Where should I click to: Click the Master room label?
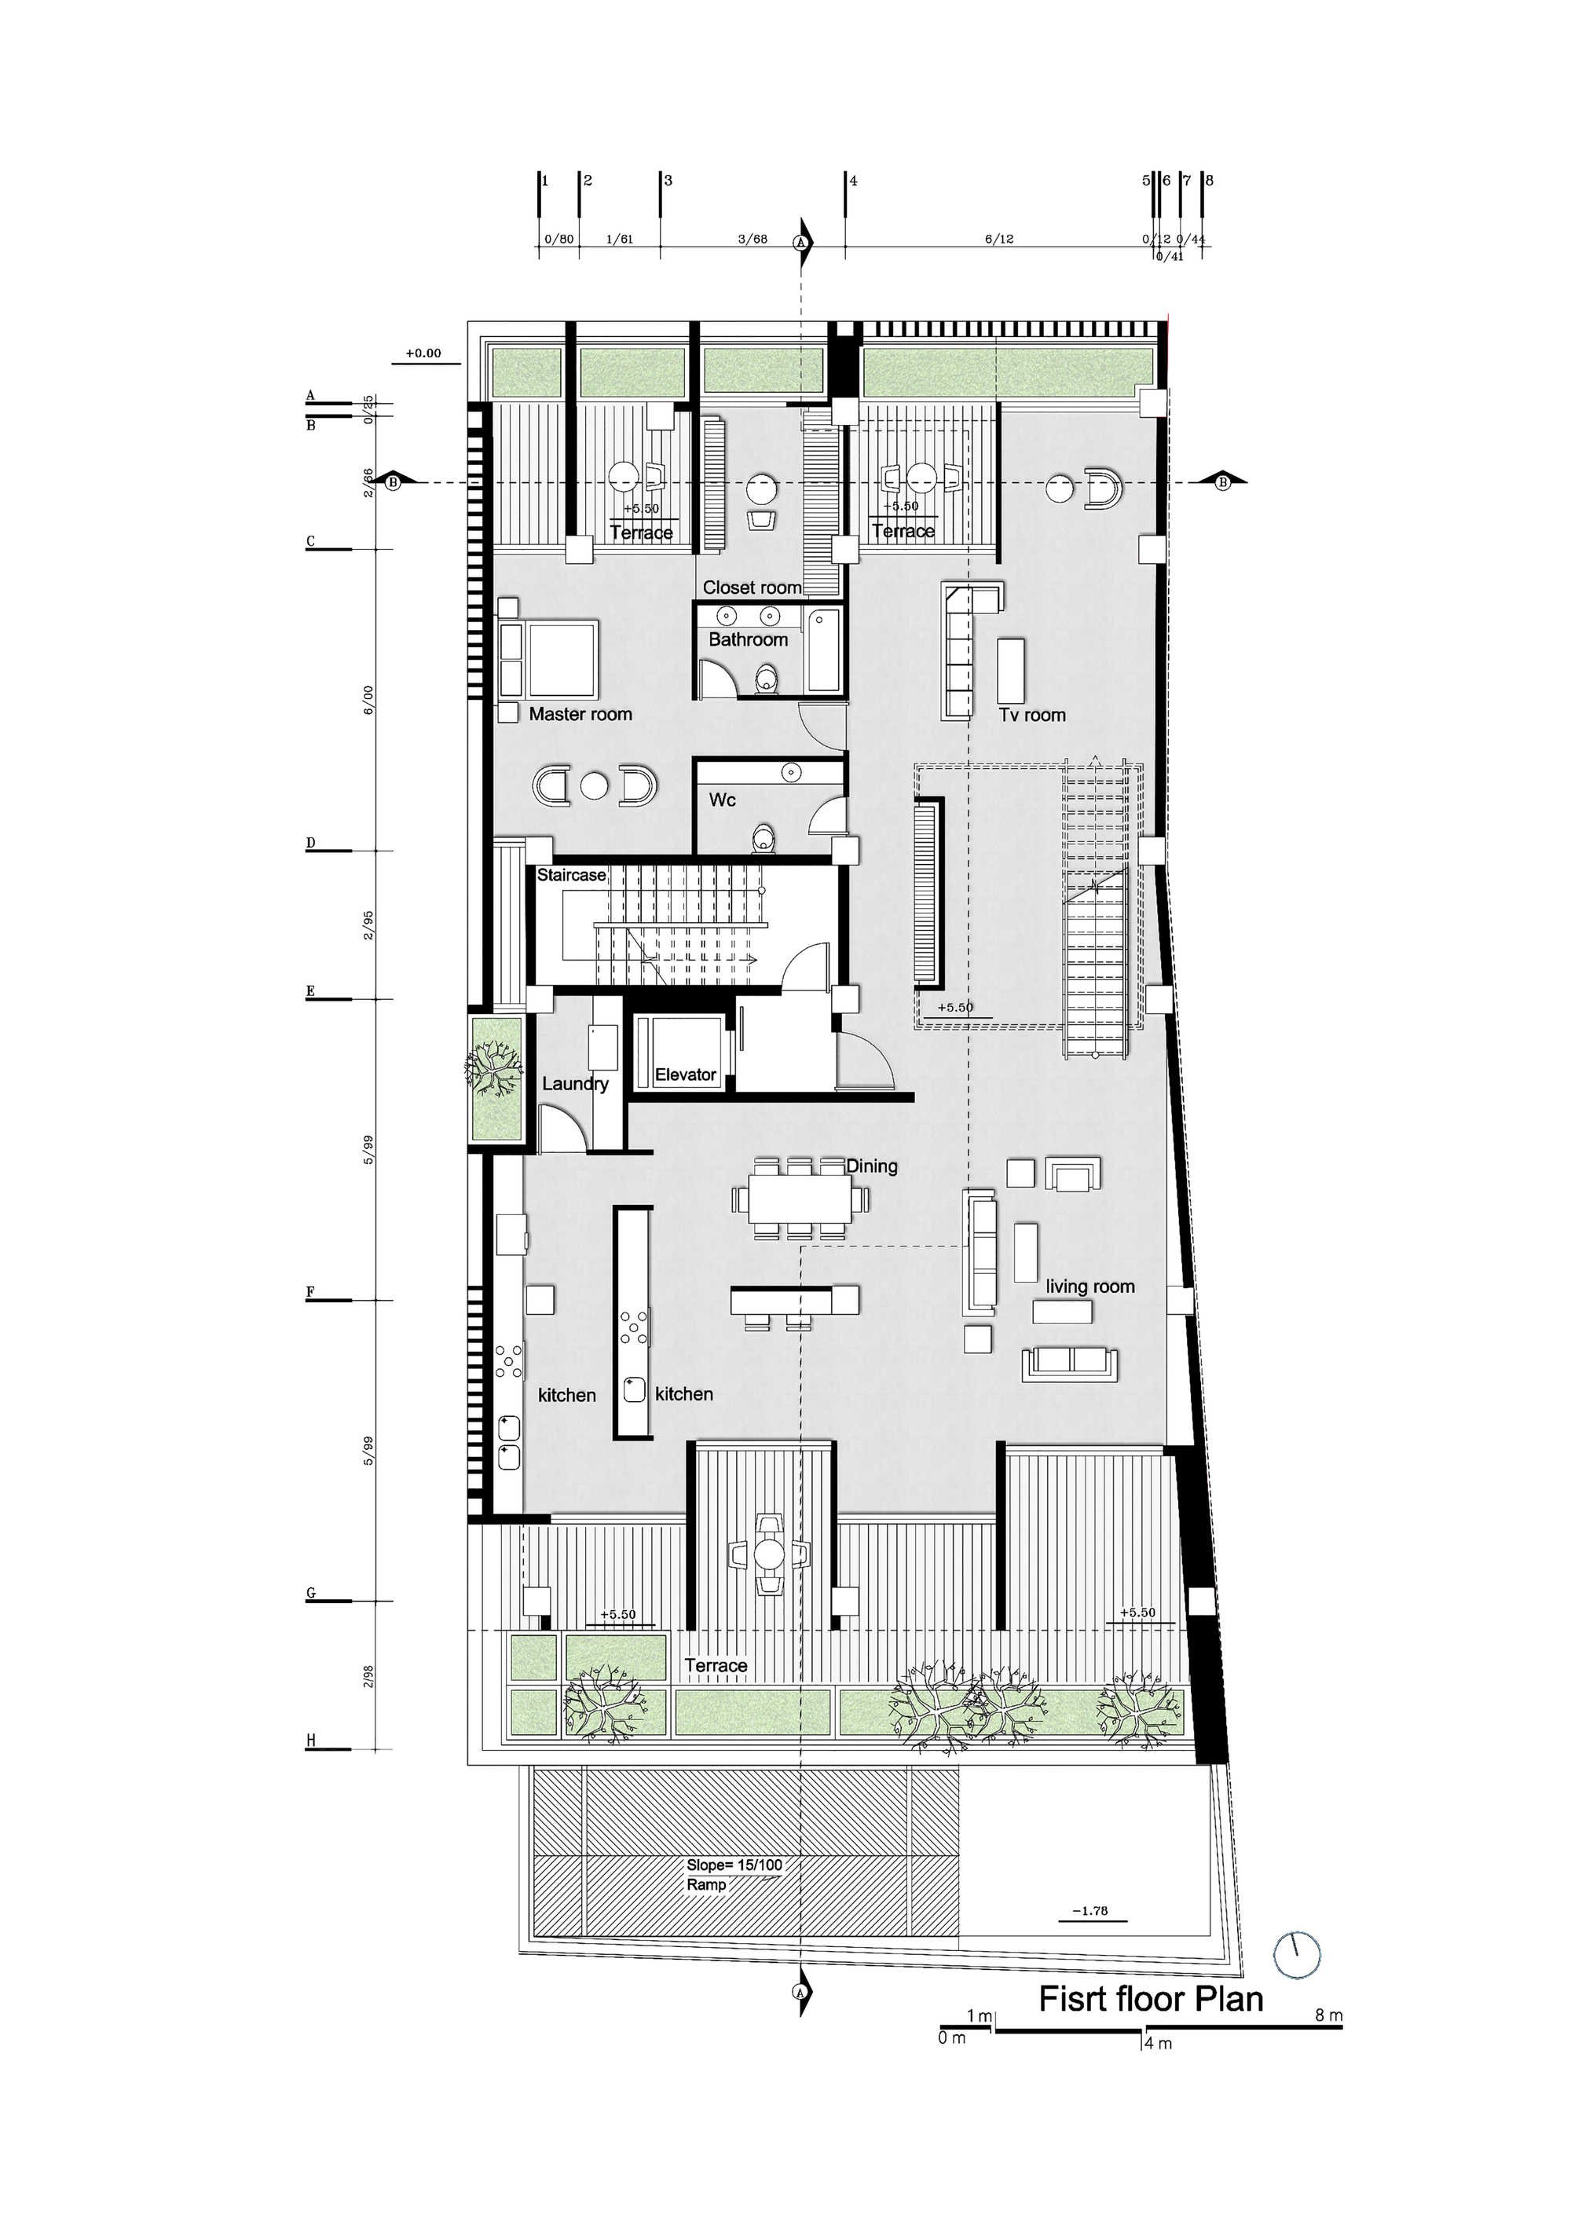pos(580,714)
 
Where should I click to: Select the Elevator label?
pos(685,1074)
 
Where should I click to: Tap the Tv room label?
pos(1032,716)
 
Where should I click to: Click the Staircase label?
pos(571,875)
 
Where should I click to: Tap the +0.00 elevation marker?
pos(423,353)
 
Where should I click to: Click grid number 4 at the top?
pos(853,181)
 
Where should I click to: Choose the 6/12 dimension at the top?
pos(999,239)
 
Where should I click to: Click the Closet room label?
pos(751,588)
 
